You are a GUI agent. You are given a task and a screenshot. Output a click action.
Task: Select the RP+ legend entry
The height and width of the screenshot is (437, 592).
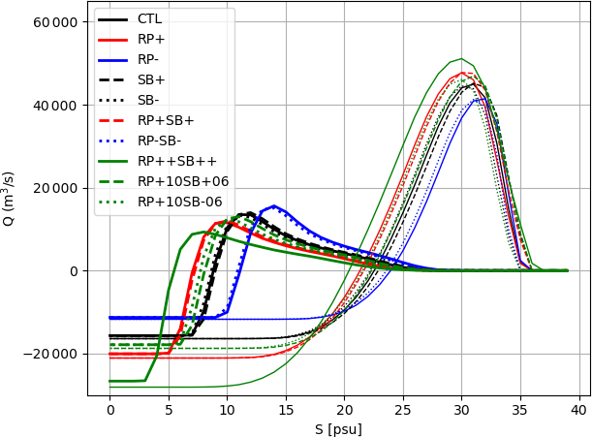coord(152,39)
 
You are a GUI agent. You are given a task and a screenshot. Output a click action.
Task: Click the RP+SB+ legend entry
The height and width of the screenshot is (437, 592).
coord(166,120)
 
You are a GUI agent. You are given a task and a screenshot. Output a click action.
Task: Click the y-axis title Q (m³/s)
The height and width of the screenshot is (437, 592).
coord(10,199)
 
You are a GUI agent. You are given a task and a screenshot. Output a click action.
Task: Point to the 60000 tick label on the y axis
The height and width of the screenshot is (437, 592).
coord(53,21)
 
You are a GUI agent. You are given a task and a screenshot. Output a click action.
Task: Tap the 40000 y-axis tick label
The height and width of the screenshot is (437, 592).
coord(53,105)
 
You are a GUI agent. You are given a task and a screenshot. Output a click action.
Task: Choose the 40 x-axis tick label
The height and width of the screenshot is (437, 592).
coord(579,410)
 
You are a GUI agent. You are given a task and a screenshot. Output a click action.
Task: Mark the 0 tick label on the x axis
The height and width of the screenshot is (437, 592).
coord(109,410)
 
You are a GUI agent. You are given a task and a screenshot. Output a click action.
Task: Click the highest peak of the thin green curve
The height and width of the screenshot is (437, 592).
coord(461,59)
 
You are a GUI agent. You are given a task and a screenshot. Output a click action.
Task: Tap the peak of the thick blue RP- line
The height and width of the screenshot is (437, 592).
coord(274,206)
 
